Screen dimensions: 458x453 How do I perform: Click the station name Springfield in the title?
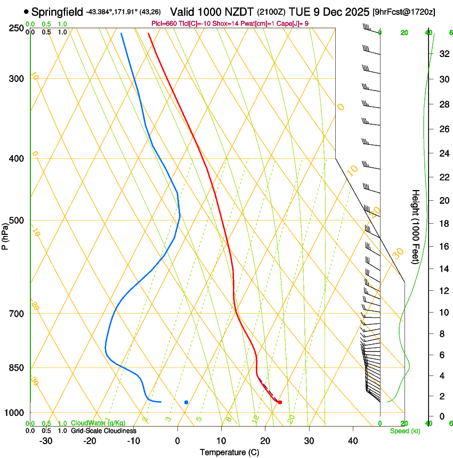coord(57,11)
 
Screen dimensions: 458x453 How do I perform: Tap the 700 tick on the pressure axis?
coord(17,314)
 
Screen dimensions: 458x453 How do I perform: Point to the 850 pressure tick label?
coord(17,368)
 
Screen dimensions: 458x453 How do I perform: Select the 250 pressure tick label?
coord(17,28)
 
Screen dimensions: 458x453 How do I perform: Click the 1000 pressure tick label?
coord(14,413)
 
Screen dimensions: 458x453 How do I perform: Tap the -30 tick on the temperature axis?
coord(46,441)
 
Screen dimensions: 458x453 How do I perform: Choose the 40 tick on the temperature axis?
coord(353,441)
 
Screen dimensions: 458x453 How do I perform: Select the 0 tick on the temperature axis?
coord(177,441)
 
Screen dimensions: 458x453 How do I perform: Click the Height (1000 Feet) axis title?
coord(416,226)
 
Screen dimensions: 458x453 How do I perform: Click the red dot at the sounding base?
coord(280,402)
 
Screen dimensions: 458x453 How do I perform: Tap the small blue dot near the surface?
coord(186,402)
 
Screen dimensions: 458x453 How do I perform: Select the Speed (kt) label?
coord(405,431)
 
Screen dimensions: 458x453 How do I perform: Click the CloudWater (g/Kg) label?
coord(98,423)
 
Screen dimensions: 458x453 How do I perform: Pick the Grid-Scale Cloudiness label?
coord(103,431)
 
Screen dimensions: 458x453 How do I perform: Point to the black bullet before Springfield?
coord(26,11)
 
